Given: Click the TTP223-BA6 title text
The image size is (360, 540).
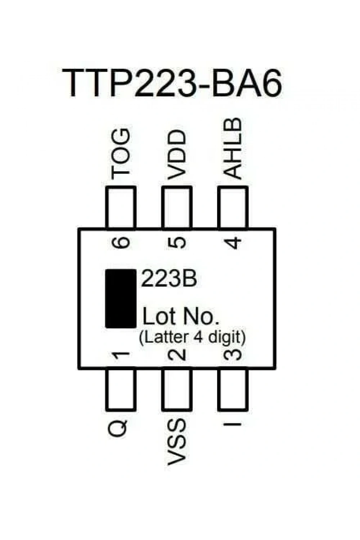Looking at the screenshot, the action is click(x=172, y=83).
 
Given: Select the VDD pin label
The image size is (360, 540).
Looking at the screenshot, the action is click(x=177, y=155).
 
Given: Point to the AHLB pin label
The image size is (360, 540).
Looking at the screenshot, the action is click(x=233, y=149).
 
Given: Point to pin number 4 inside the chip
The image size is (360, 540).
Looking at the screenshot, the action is click(x=233, y=243).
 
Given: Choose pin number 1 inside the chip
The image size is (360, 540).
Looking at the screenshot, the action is click(x=121, y=356).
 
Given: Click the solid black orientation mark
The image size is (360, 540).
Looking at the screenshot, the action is click(x=121, y=298).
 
